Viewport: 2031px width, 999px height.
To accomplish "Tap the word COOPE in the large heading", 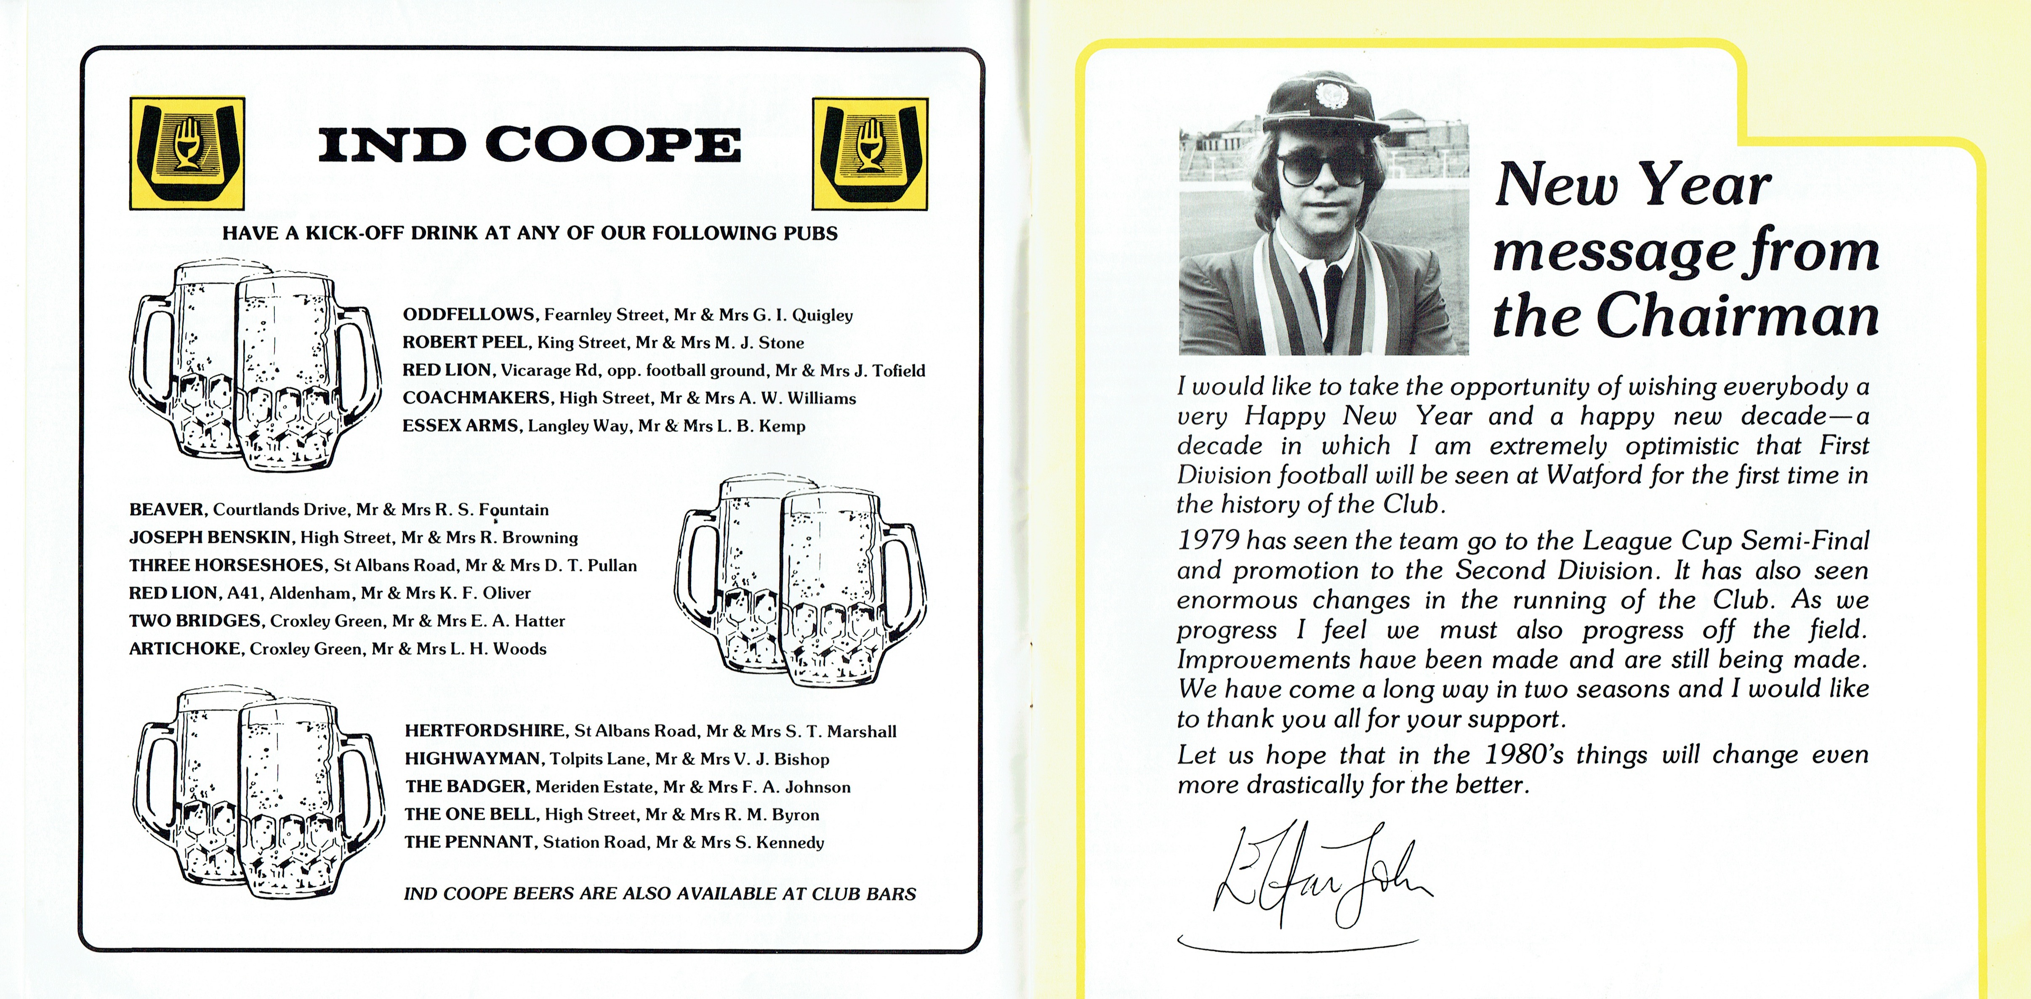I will (x=613, y=145).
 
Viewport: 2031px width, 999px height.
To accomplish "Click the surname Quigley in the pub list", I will (x=823, y=315).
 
